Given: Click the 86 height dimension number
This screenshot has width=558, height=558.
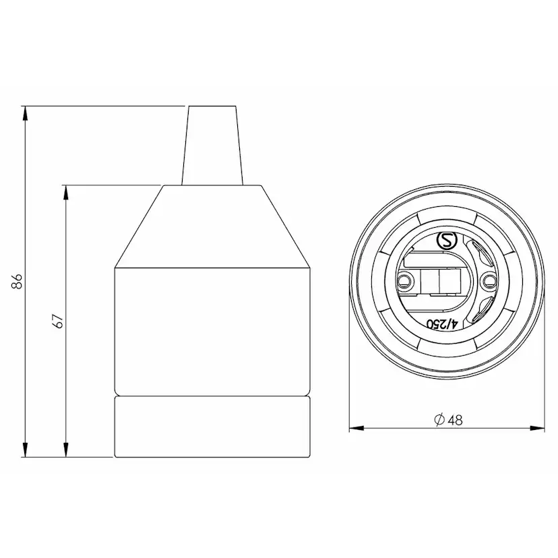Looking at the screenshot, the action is pyautogui.click(x=17, y=281).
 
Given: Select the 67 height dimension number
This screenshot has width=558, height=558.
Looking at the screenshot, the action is pyautogui.click(x=59, y=321).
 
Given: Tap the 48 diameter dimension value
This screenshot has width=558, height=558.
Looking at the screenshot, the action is pyautogui.click(x=455, y=421).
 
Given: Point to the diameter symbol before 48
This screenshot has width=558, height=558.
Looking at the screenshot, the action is pyautogui.click(x=440, y=420).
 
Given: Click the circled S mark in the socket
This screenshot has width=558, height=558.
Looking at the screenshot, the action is pyautogui.click(x=446, y=241).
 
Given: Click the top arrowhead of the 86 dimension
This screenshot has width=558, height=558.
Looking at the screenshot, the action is pyautogui.click(x=25, y=114).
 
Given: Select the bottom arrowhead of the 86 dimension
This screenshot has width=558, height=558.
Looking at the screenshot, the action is pyautogui.click(x=25, y=449).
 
